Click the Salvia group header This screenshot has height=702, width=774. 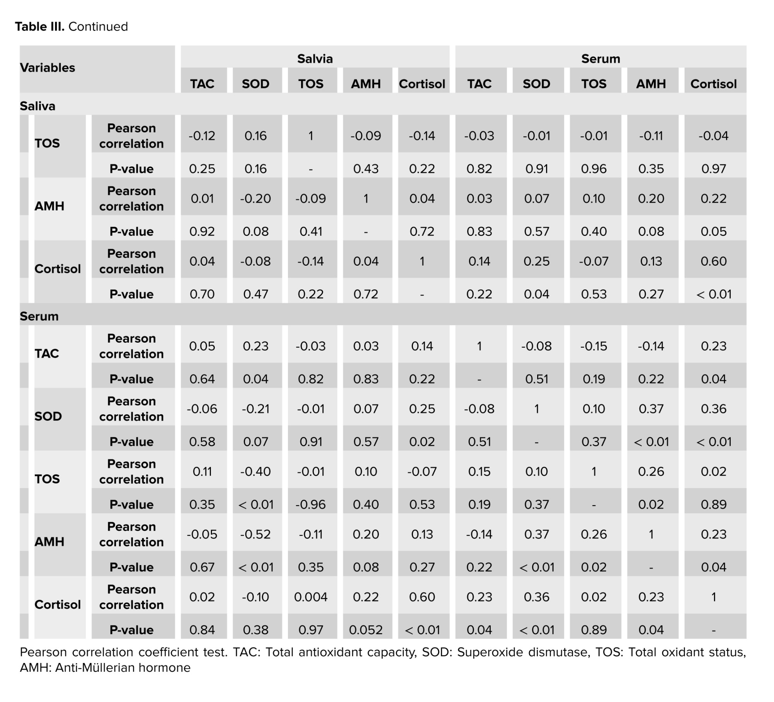coord(315,59)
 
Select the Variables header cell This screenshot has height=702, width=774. coord(47,68)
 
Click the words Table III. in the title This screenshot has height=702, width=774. coord(39,26)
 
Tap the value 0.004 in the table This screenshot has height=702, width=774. coord(311,597)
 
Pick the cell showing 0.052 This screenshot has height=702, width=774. coord(366,630)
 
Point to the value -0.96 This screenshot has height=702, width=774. coord(311,504)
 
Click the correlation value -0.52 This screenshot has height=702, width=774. coord(255,534)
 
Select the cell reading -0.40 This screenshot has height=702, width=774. coord(255,471)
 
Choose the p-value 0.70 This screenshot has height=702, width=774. coord(202,294)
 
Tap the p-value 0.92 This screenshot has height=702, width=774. coord(202,231)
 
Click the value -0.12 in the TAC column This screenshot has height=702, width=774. coord(202,136)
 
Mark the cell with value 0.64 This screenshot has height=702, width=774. coord(202,379)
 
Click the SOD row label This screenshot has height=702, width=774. coord(48,416)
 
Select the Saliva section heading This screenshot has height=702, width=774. coord(38,106)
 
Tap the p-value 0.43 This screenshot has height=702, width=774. coord(366,169)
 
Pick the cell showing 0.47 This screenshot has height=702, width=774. coord(255,294)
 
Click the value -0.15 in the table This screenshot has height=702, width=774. coord(594,346)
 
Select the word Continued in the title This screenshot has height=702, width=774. coord(98,26)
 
